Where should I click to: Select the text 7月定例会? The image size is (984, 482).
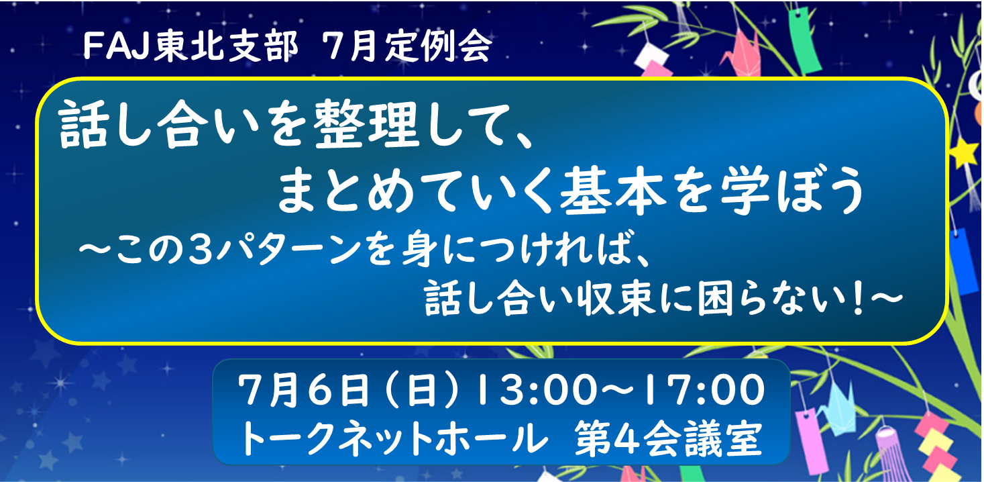point(406,48)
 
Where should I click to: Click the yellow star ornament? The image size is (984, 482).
point(965,152)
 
